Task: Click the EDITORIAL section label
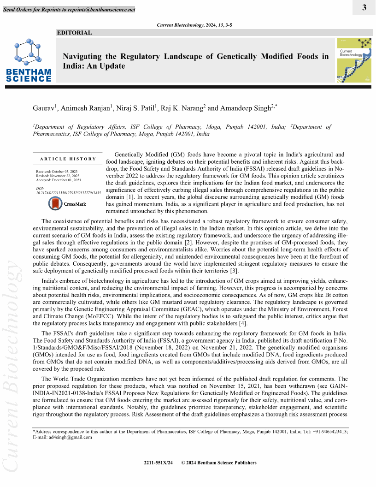[74, 33]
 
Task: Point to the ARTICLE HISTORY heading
[68, 159]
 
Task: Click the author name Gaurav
[44, 108]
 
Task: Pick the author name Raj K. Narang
[182, 108]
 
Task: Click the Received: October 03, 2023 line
[57, 172]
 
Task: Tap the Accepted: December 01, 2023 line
[58, 180]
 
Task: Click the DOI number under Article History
[68, 192]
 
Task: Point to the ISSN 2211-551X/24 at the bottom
[159, 463]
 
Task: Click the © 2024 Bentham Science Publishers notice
[219, 463]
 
